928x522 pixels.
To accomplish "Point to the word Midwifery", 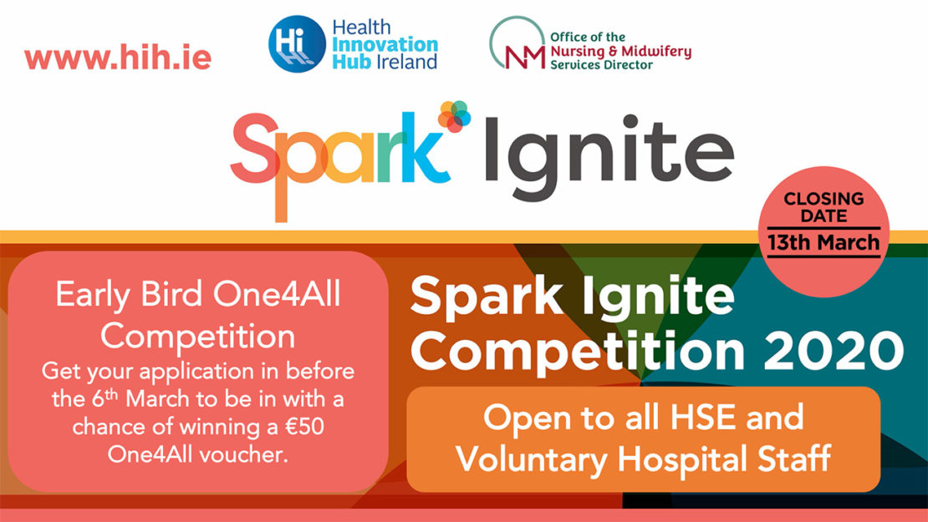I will pyautogui.click(x=660, y=52).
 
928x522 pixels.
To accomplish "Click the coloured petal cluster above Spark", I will pyautogui.click(x=455, y=116).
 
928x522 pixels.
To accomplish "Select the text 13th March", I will pyautogui.click(x=823, y=243).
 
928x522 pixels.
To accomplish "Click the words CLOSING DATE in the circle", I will pyautogui.click(x=823, y=207).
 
